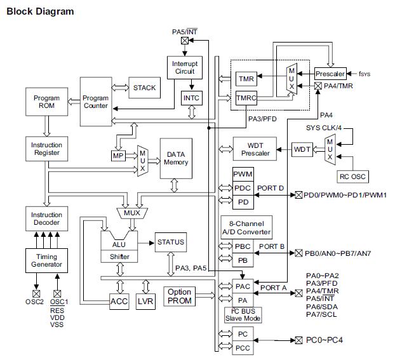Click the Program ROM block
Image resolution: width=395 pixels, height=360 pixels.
(x=46, y=102)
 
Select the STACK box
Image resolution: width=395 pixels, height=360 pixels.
(x=144, y=88)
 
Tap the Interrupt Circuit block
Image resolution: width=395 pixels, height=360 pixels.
(x=184, y=68)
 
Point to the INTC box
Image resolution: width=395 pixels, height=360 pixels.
(x=191, y=98)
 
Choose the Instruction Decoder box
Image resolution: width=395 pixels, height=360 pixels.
(x=46, y=219)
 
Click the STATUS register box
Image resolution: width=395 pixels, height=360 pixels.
(x=170, y=242)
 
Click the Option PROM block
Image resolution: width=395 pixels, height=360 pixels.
(x=180, y=296)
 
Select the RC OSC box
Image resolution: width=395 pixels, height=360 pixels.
(x=352, y=176)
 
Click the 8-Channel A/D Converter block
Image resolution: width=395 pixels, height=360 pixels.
(x=245, y=227)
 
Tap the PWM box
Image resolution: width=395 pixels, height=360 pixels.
(x=243, y=174)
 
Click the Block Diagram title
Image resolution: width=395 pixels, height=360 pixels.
(x=39, y=11)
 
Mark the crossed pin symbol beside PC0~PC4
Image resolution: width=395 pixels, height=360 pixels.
(x=298, y=340)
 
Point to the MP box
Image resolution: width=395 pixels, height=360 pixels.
(x=118, y=156)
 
